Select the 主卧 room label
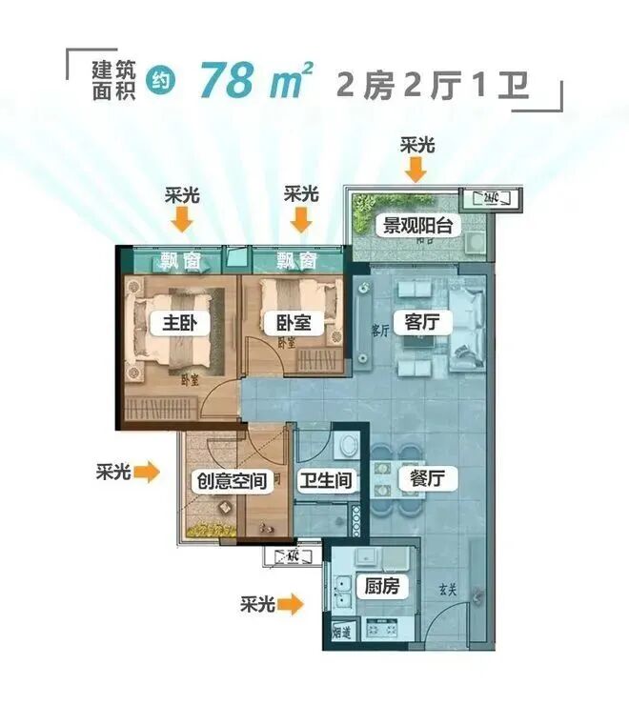[x=173, y=323]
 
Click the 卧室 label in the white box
[x=294, y=323]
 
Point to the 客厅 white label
[x=421, y=323]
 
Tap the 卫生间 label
[x=325, y=480]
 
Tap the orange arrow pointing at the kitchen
[x=292, y=603]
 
